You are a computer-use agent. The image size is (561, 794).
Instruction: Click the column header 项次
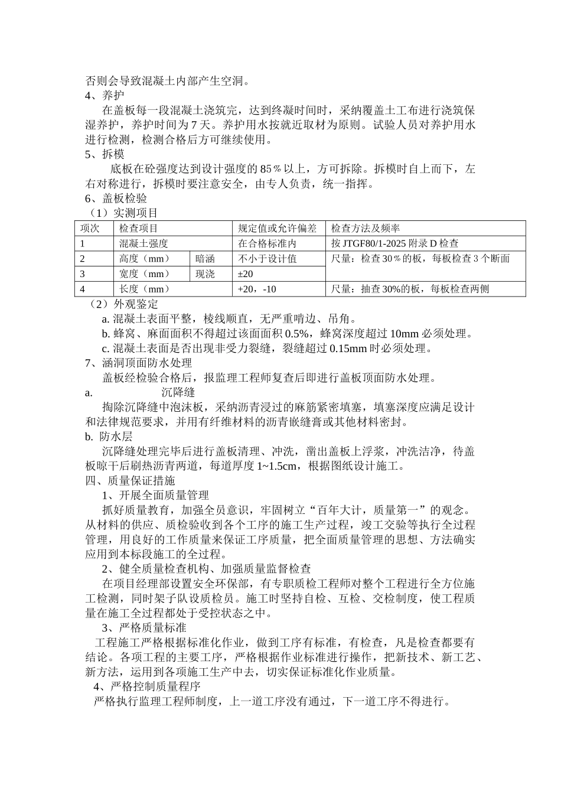[x=90, y=228]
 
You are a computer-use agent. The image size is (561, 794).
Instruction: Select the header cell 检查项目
[x=138, y=228]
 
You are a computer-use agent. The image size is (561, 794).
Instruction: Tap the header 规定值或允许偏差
[x=277, y=228]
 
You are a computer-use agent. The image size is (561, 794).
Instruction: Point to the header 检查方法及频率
[x=366, y=228]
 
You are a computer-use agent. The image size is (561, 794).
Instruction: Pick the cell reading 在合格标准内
[x=267, y=243]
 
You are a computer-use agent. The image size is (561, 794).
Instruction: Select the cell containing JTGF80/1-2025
[x=394, y=243]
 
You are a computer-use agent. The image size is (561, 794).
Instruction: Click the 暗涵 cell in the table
[x=205, y=259]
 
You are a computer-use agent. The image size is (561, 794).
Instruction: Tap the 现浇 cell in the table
[x=205, y=274]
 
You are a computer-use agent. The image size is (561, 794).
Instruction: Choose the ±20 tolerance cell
[x=245, y=274]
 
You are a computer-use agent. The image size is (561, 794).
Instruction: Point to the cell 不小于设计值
[x=267, y=259]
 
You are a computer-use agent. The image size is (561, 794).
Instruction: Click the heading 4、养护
[x=105, y=95]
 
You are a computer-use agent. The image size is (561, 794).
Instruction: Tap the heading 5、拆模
[x=105, y=154]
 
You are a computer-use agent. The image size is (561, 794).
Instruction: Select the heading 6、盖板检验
[x=116, y=198]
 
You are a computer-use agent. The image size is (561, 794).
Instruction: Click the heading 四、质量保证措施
[x=131, y=481]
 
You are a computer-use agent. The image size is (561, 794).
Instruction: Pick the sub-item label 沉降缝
[x=178, y=392]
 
